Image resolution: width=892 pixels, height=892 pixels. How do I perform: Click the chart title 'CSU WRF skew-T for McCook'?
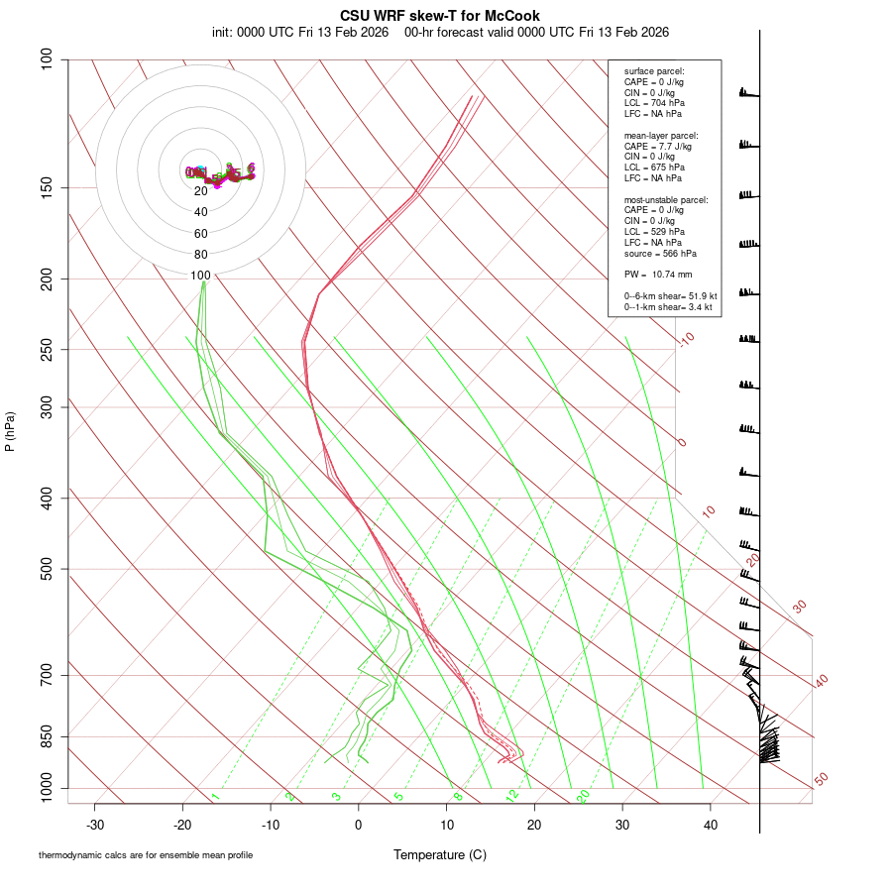click(x=440, y=16)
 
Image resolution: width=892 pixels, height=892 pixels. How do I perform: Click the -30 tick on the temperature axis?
click(x=95, y=824)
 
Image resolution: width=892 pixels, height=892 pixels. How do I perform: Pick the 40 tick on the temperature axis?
click(x=711, y=824)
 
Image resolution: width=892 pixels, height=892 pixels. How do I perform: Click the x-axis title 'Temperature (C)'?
click(x=439, y=854)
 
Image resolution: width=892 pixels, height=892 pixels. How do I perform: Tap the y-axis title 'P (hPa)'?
click(x=10, y=432)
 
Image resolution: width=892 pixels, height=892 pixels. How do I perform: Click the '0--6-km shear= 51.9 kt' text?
click(x=670, y=295)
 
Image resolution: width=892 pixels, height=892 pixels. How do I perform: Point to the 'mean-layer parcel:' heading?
click(x=661, y=136)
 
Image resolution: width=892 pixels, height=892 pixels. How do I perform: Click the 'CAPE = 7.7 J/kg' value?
click(x=659, y=146)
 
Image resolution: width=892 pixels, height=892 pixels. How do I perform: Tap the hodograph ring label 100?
click(x=201, y=276)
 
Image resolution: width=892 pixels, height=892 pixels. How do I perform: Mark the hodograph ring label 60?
click(x=201, y=234)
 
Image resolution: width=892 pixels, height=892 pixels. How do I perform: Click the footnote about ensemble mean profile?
click(x=146, y=855)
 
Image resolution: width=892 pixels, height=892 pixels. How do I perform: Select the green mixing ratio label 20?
click(x=583, y=796)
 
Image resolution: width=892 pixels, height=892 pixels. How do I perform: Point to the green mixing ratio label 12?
click(x=512, y=796)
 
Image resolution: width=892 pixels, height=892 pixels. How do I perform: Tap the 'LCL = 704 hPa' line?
click(x=654, y=103)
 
